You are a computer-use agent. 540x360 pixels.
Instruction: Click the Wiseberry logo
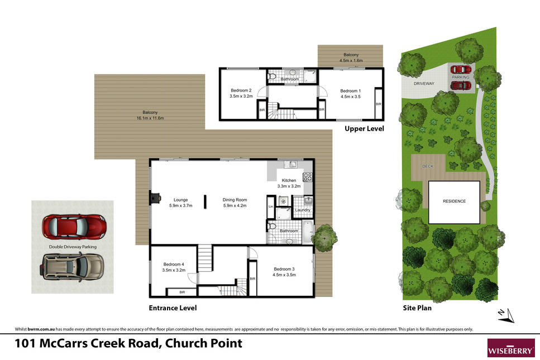(511, 348)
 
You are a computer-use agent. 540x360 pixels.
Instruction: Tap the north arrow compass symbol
(506, 316)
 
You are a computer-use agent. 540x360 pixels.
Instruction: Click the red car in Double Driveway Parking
(74, 227)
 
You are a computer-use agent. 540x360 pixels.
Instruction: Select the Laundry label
(303, 210)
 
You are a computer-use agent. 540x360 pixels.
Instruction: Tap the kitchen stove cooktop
(308, 177)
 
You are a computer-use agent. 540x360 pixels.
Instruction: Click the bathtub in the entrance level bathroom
(308, 232)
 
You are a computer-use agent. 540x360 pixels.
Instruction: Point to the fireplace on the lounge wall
(155, 198)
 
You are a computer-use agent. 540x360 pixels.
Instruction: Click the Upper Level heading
(364, 129)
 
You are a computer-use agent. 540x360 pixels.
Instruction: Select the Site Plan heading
(417, 308)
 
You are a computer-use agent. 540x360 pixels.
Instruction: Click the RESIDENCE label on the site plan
(454, 201)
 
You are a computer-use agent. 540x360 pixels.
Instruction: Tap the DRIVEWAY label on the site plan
(424, 84)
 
